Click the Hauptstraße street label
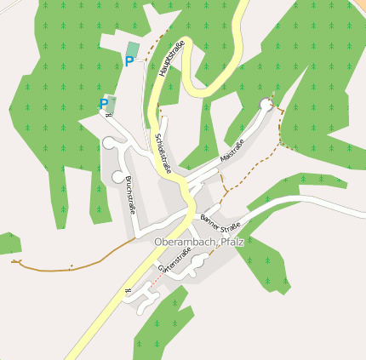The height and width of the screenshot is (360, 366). coord(170,63)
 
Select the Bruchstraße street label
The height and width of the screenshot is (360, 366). coord(129,195)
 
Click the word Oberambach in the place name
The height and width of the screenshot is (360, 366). coord(185,243)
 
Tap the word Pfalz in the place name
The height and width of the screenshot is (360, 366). coord(232,243)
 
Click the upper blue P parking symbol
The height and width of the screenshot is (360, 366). coord(129,60)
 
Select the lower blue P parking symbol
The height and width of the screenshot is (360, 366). coord(104,104)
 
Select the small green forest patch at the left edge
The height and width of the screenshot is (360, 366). coord(9,243)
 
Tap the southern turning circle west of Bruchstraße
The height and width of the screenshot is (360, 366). coord(118,177)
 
